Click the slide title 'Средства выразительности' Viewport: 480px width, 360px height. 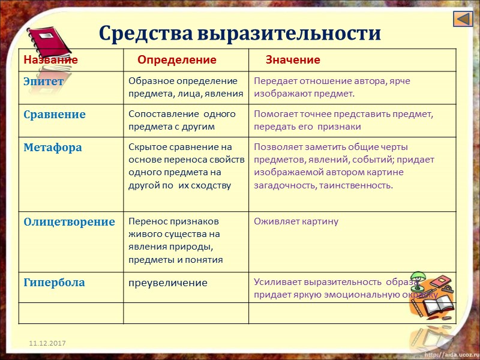point(239,32)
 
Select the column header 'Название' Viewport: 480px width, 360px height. point(50,60)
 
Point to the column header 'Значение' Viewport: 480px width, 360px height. point(293,60)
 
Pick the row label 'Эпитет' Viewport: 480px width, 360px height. point(44,82)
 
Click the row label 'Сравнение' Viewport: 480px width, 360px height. point(55,114)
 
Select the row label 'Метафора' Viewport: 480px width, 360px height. point(53,147)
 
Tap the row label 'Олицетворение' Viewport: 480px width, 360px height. point(69,221)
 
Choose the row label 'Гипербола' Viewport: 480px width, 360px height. point(54,282)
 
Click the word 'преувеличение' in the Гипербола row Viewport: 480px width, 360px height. point(168,283)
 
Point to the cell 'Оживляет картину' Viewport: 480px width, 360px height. point(296,221)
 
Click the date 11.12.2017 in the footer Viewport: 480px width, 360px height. point(49,343)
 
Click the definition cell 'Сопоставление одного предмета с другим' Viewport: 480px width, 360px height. point(182,120)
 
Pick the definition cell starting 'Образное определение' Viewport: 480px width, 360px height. point(185,87)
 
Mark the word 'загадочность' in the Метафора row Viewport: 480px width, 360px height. point(282,185)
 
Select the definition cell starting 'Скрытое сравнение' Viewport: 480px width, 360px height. point(186,166)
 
